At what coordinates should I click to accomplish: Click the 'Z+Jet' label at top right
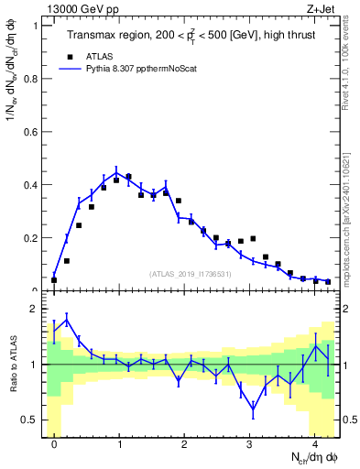click(x=324, y=8)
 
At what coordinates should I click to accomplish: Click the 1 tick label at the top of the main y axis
click(x=35, y=25)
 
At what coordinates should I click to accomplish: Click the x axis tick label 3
click(x=249, y=443)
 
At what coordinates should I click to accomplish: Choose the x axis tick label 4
click(x=314, y=443)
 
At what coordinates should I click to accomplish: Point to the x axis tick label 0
click(x=54, y=443)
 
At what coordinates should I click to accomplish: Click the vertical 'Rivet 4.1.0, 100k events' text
click(x=350, y=64)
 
